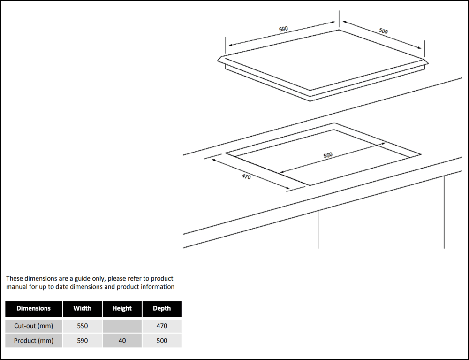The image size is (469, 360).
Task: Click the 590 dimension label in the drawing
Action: (x=283, y=29)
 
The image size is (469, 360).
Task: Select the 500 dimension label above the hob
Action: (x=383, y=31)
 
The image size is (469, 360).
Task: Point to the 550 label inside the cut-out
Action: (x=328, y=155)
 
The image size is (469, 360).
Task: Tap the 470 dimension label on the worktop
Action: (x=246, y=176)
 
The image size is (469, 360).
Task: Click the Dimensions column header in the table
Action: (x=33, y=309)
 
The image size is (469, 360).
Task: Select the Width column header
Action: (x=82, y=309)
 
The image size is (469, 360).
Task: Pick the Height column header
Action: (x=122, y=309)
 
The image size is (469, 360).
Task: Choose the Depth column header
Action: (x=162, y=309)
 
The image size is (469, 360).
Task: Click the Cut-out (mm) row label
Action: (x=33, y=326)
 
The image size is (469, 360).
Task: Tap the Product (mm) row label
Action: (x=33, y=341)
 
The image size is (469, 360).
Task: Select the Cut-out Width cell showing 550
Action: (x=82, y=326)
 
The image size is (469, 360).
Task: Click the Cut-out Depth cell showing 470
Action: (x=162, y=326)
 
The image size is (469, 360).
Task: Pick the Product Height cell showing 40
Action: (x=122, y=341)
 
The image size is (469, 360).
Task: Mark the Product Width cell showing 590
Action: (x=82, y=341)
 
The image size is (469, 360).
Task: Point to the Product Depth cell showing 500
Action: (x=162, y=341)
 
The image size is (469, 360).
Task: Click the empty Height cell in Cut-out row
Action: (x=122, y=326)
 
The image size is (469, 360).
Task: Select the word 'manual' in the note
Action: (x=16, y=287)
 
